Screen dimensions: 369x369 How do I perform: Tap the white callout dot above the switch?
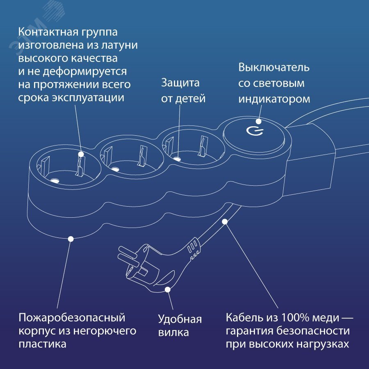click(x=259, y=121)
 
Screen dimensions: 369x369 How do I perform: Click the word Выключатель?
click(x=274, y=67)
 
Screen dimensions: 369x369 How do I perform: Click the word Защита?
click(x=180, y=83)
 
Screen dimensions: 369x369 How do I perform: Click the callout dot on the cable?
click(x=225, y=222)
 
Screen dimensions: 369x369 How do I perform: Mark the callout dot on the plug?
click(x=167, y=289)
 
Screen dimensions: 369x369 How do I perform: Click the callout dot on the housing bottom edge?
click(x=71, y=238)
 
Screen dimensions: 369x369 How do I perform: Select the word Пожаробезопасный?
click(x=72, y=318)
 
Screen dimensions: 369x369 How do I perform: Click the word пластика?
click(x=42, y=344)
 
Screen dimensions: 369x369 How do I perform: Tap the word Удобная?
click(x=180, y=319)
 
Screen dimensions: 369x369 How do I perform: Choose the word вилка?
click(x=173, y=333)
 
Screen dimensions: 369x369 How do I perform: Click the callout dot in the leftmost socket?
click(x=81, y=155)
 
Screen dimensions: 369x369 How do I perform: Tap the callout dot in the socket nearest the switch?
click(x=178, y=158)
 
